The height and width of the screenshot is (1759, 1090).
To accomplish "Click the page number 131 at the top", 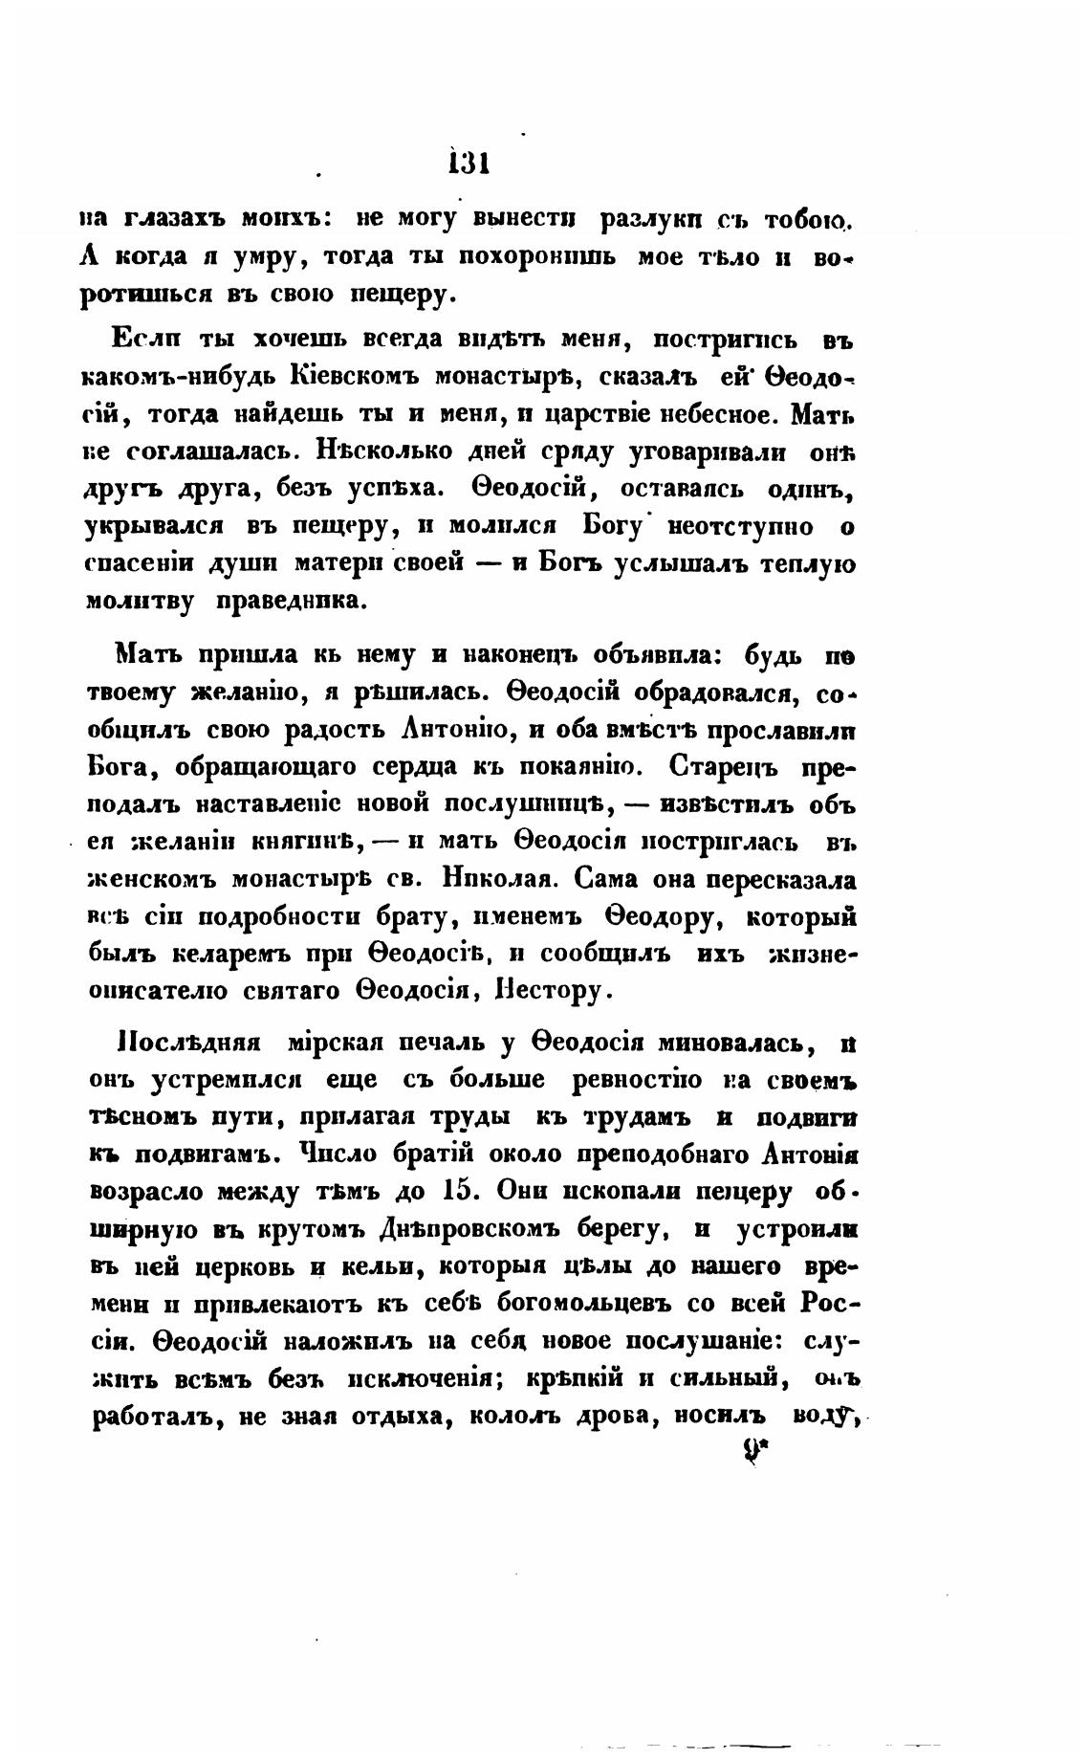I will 469,163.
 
